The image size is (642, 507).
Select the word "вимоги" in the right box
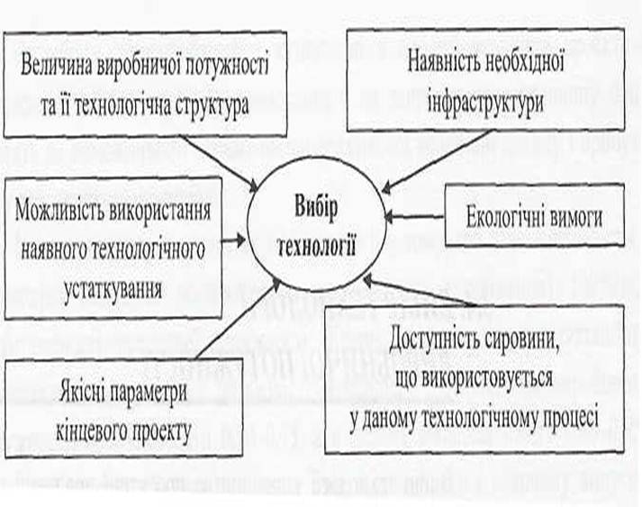pyautogui.click(x=577, y=217)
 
